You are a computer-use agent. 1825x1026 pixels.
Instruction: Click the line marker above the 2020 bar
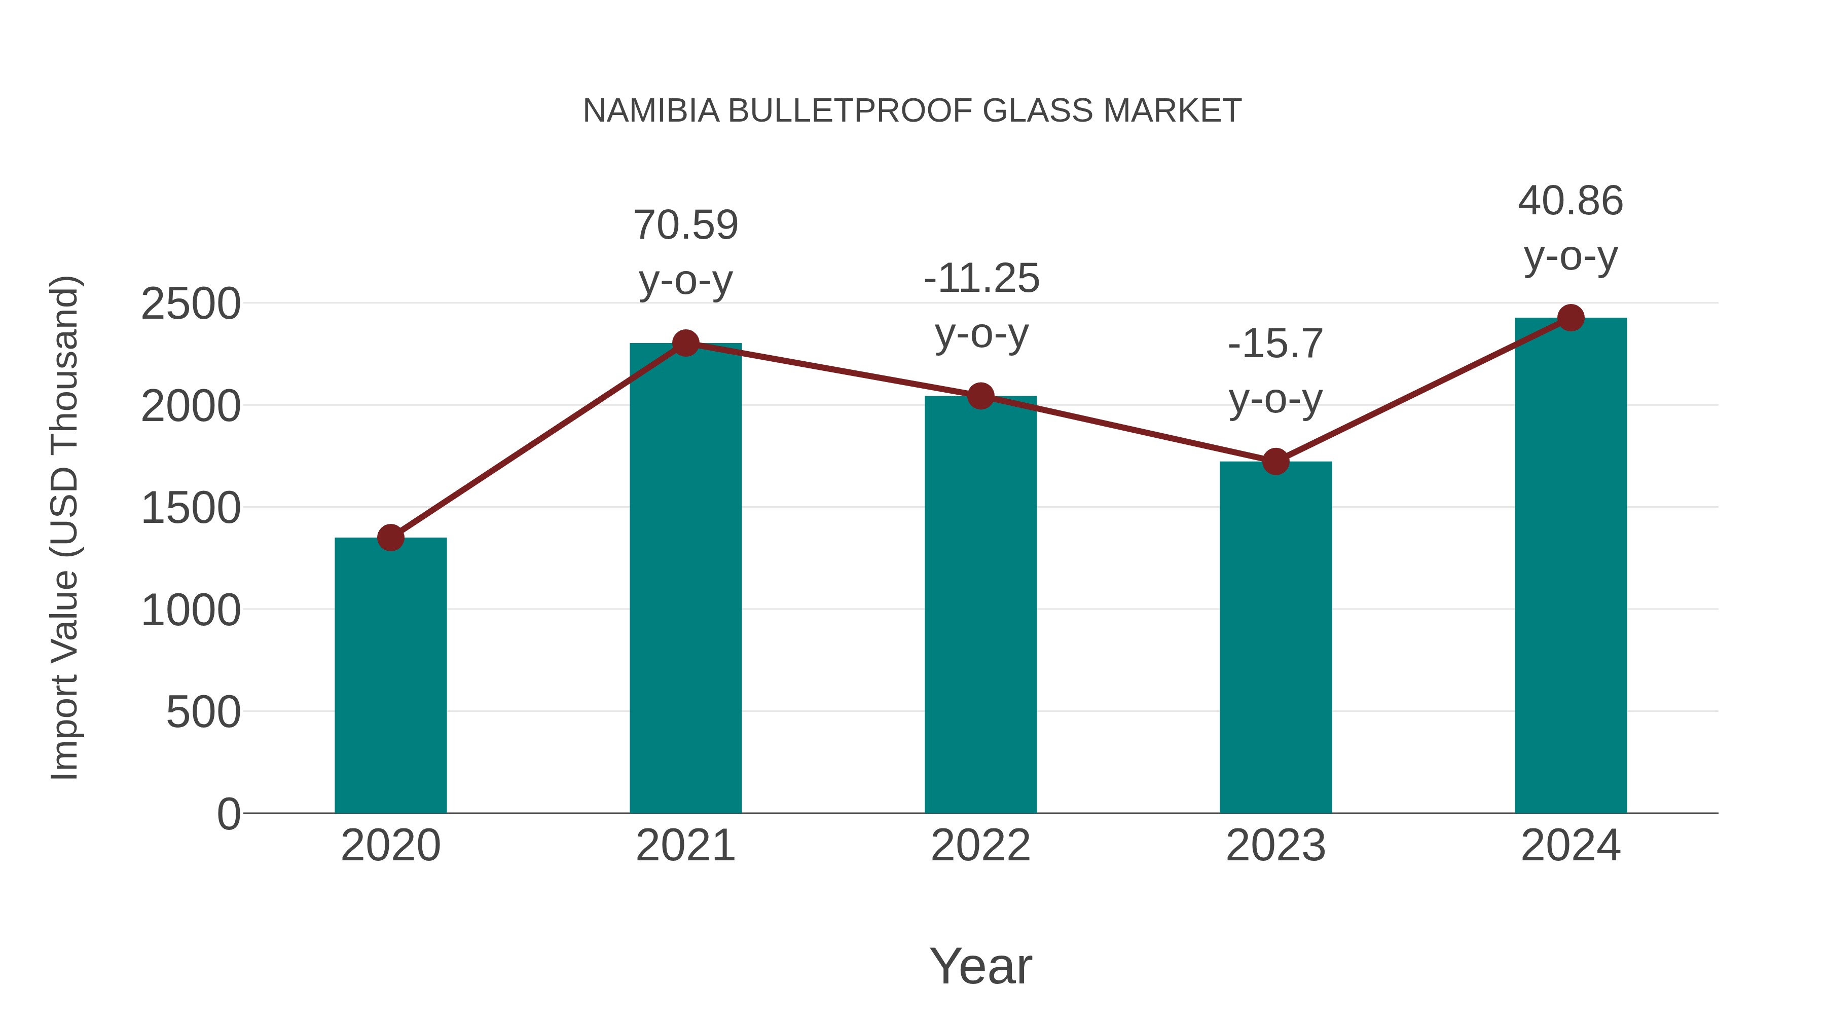[x=390, y=538]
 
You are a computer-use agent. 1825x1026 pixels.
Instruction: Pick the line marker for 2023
[x=1275, y=462]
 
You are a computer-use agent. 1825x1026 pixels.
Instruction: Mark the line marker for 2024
[x=1571, y=318]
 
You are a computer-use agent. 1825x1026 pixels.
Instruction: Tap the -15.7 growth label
[x=1275, y=344]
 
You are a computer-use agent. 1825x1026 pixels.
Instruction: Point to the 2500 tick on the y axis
[x=191, y=305]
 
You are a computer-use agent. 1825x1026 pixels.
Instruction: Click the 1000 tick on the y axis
[x=191, y=611]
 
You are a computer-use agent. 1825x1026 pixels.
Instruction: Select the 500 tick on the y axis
[x=203, y=712]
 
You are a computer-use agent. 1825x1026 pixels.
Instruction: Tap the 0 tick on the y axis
[x=229, y=814]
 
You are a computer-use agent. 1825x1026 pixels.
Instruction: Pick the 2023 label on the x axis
[x=1275, y=846]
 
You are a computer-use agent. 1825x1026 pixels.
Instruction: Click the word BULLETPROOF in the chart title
[x=851, y=111]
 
